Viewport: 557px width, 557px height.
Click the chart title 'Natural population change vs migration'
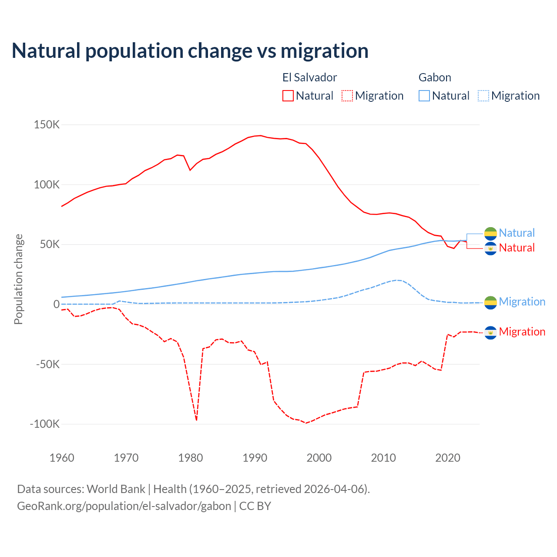click(x=190, y=51)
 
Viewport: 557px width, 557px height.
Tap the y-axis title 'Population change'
click(x=18, y=279)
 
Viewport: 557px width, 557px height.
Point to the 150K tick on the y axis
click(x=47, y=125)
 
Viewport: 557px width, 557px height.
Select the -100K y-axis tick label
click(x=44, y=424)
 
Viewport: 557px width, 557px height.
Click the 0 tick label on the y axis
click(x=56, y=304)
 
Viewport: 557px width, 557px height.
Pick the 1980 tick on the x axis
click(x=191, y=458)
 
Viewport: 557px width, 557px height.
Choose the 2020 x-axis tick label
click(x=448, y=458)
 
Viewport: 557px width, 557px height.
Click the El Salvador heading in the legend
click(x=309, y=77)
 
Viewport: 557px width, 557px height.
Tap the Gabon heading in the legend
click(x=435, y=77)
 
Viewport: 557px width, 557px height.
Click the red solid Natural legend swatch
click(x=288, y=96)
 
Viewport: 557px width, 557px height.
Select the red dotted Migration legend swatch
click(x=347, y=96)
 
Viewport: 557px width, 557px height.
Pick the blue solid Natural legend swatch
click(x=424, y=96)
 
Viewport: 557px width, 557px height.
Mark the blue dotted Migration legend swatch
click(x=483, y=96)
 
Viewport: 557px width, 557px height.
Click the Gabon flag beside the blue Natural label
click(x=490, y=233)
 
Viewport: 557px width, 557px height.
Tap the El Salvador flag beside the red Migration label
click(x=490, y=332)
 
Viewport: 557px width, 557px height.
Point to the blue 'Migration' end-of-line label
click(x=522, y=302)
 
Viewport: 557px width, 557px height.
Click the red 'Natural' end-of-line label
click(x=517, y=248)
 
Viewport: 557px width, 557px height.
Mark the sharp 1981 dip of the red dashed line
click(x=197, y=419)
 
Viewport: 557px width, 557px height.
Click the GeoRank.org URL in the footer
click(x=124, y=506)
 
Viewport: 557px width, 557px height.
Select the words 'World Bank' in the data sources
click(x=116, y=489)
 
